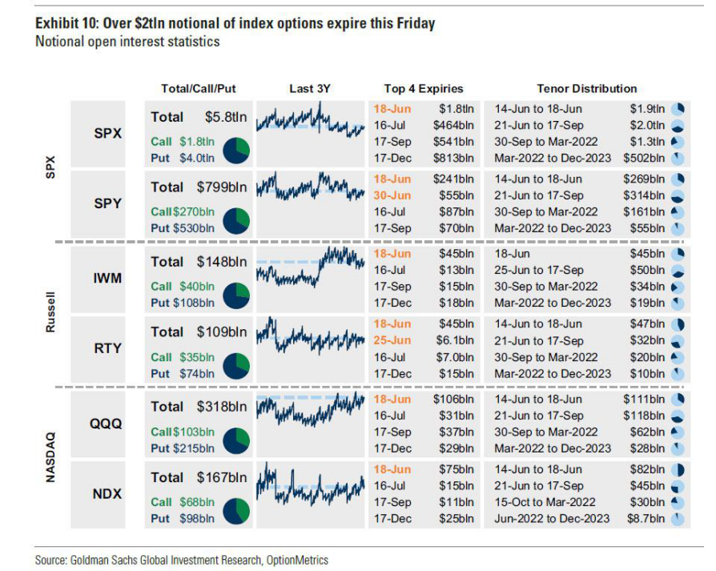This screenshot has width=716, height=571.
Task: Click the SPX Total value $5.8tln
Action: tap(225, 117)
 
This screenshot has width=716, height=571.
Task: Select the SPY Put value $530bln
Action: tap(193, 227)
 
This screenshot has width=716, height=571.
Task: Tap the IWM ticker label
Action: tap(107, 278)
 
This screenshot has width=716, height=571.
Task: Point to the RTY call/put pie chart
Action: tap(235, 367)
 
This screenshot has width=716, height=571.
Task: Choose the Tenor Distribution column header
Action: tap(586, 89)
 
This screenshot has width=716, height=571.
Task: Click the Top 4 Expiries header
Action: tap(424, 89)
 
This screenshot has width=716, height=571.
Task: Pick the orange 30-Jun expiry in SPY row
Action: tap(392, 195)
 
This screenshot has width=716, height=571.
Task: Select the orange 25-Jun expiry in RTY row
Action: tap(392, 340)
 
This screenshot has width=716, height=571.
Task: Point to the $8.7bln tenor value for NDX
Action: tap(645, 518)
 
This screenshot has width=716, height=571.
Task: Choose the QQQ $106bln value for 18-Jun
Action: tap(453, 399)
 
